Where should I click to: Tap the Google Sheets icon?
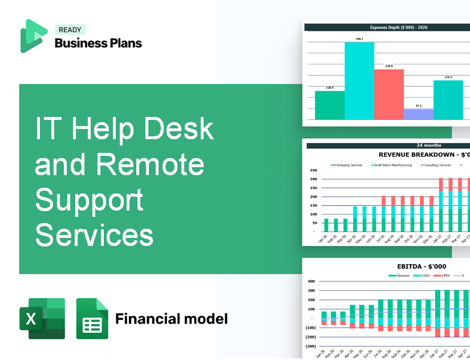tap(92, 318)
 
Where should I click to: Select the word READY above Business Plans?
tap(70, 30)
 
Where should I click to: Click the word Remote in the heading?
tap(151, 165)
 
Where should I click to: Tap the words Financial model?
tap(171, 318)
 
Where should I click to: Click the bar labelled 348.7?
tap(359, 80)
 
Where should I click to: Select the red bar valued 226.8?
tap(388, 94)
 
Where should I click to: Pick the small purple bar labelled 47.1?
tap(418, 114)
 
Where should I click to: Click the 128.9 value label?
tap(330, 88)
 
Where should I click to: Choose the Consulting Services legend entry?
tap(436, 165)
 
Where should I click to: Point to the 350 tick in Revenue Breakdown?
tap(313, 171)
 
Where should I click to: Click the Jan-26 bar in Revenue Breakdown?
tap(326, 225)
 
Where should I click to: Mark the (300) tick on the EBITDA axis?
tap(311, 346)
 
